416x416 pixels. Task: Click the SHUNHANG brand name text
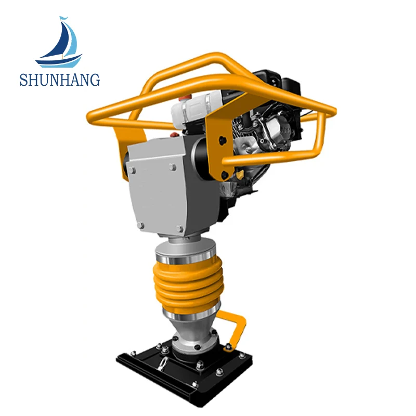(x=60, y=80)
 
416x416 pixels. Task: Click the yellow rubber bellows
(x=189, y=284)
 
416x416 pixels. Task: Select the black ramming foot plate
(x=184, y=374)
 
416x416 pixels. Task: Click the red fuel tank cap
(x=185, y=98)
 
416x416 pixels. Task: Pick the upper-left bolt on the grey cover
(x=132, y=171)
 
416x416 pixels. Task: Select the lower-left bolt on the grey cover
(x=140, y=225)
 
